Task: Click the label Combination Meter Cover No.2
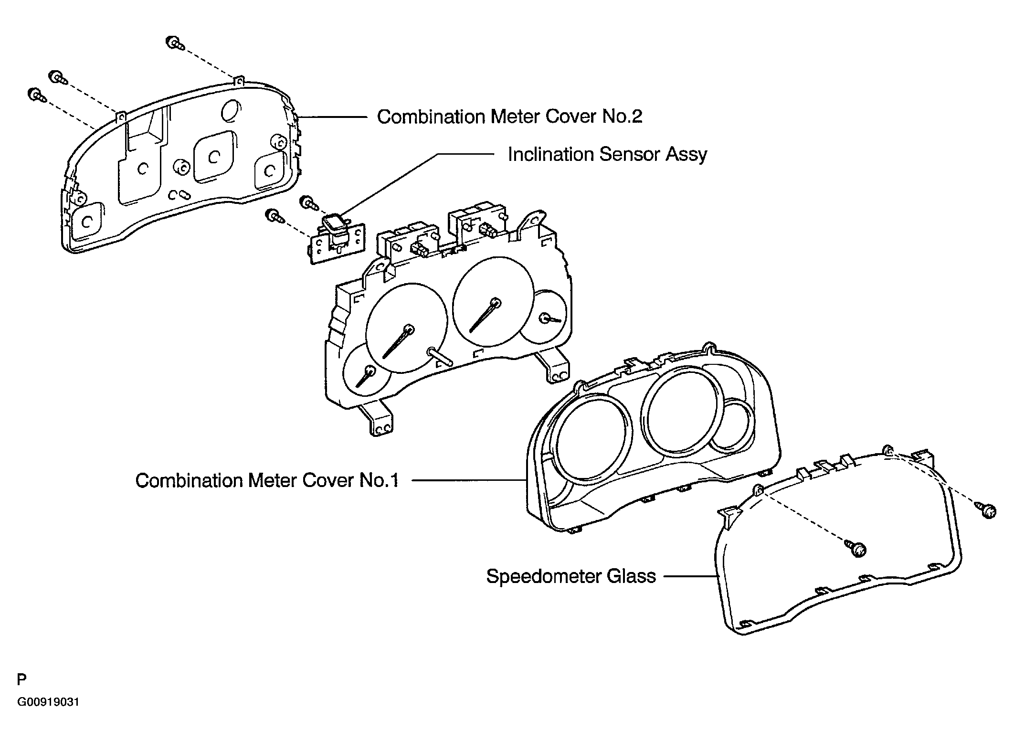pyautogui.click(x=509, y=117)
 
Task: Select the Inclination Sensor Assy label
pyautogui.click(x=607, y=154)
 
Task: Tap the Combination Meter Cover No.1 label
pyautogui.click(x=267, y=480)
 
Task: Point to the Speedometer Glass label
pyautogui.click(x=570, y=576)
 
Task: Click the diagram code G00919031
pyautogui.click(x=48, y=702)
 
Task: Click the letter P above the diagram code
pyautogui.click(x=21, y=679)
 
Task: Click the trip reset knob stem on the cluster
pyautogui.click(x=440, y=356)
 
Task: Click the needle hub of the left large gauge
pyautogui.click(x=409, y=329)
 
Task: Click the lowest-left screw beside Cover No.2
pyautogui.click(x=36, y=94)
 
